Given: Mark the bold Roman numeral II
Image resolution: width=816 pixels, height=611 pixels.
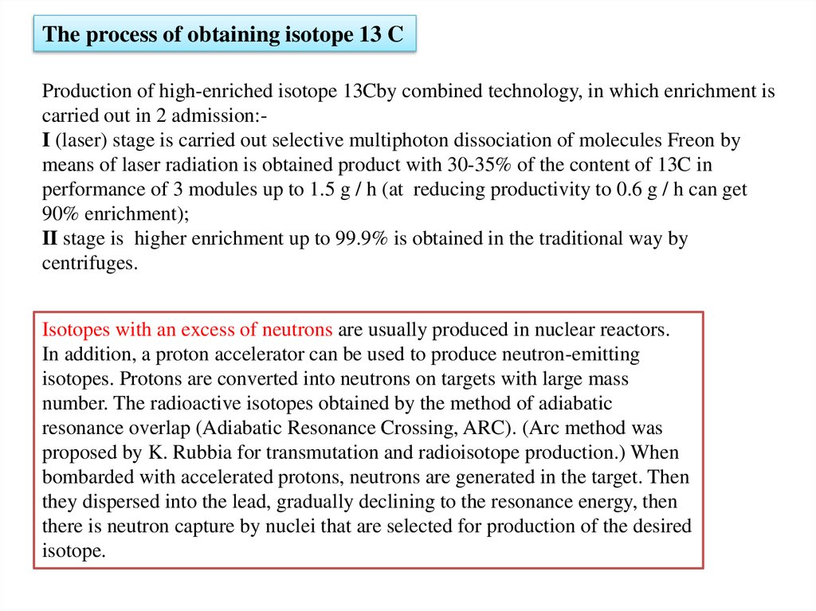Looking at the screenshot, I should click(50, 239).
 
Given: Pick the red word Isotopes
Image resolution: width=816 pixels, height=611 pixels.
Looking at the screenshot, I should click(76, 329).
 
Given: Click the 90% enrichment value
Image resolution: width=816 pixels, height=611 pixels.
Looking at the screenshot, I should click(58, 214).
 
